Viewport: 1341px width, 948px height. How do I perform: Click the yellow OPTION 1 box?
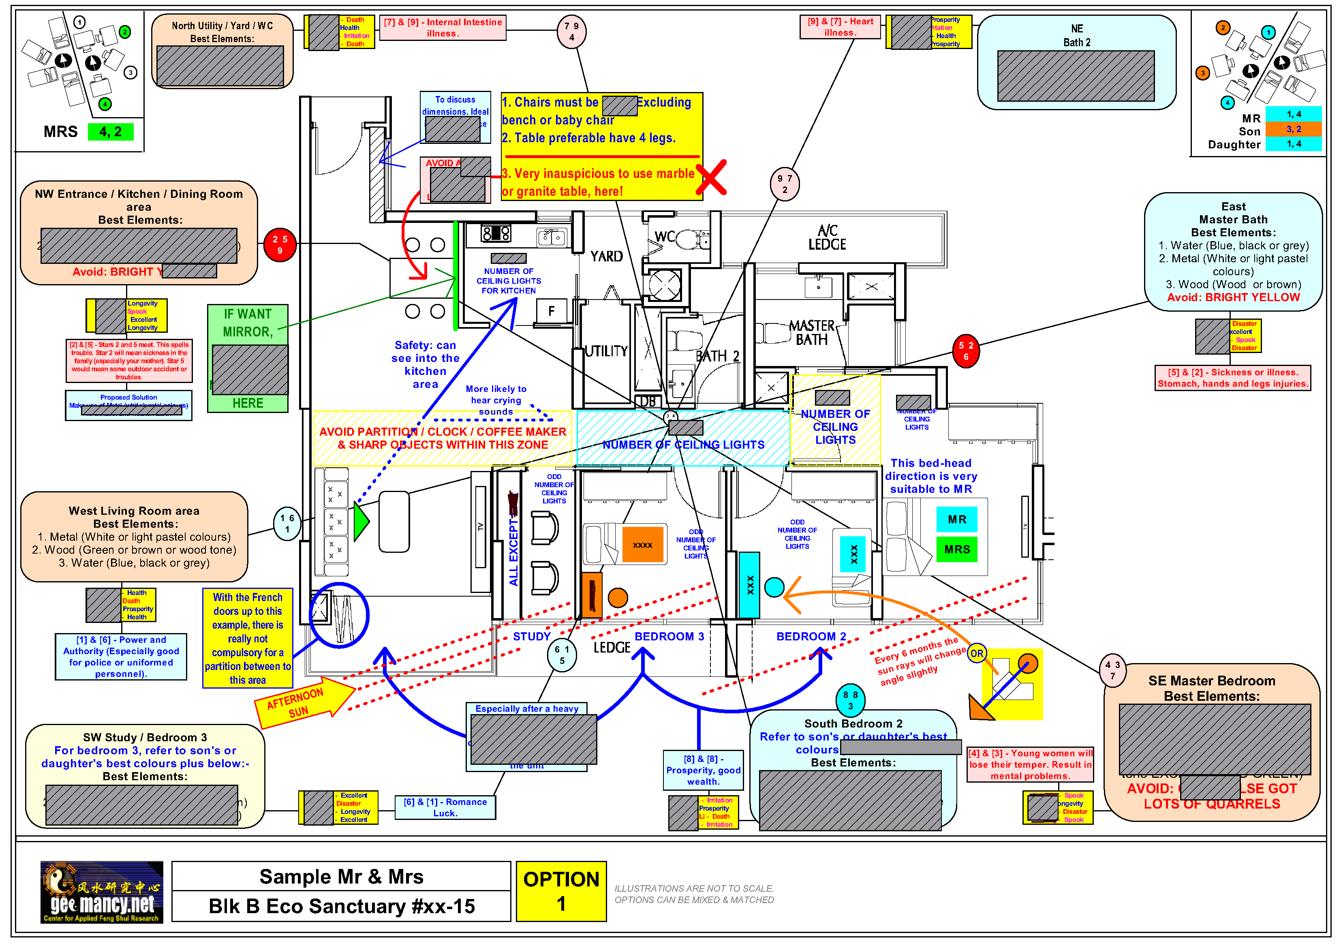(561, 891)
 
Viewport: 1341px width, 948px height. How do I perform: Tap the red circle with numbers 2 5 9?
(280, 245)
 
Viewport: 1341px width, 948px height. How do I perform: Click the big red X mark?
(711, 177)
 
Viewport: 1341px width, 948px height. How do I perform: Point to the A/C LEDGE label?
(827, 238)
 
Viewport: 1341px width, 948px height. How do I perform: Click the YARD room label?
(606, 257)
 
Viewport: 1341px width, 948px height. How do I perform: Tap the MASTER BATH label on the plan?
(811, 333)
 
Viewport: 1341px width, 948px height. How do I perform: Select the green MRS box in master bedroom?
(957, 550)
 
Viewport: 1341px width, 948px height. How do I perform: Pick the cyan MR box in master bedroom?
(957, 519)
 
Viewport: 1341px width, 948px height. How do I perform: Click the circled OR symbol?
(977, 653)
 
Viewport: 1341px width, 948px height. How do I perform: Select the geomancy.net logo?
(102, 891)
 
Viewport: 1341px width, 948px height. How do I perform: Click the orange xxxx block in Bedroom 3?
(642, 545)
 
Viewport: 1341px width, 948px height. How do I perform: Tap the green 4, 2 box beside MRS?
(110, 132)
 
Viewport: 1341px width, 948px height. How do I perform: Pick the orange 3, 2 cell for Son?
(1293, 129)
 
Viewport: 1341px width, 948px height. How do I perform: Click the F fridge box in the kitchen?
(551, 311)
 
